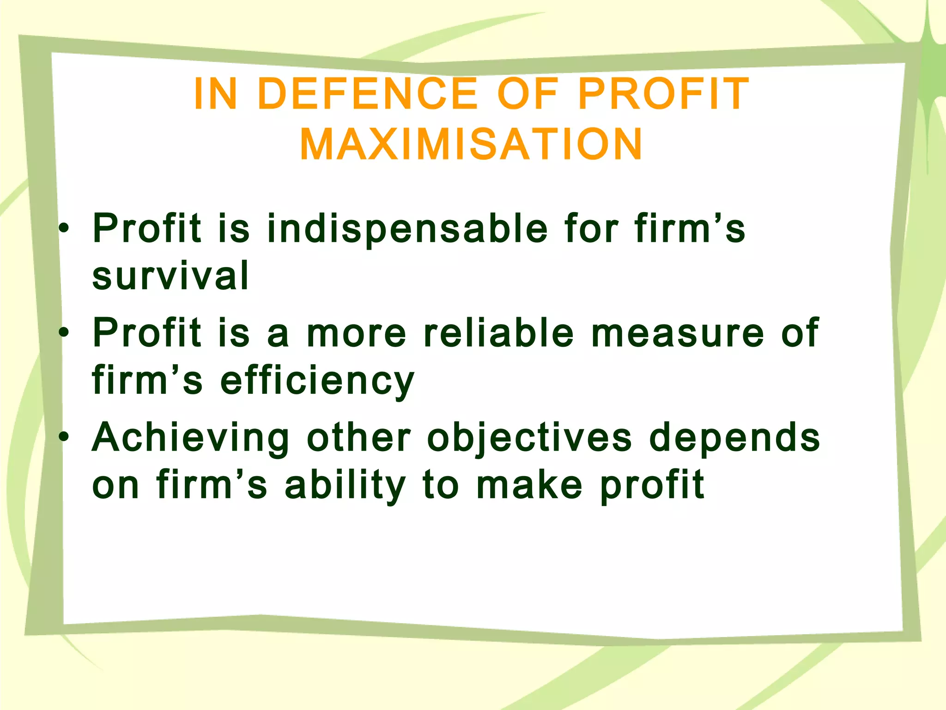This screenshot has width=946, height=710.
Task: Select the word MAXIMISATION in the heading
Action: point(471,144)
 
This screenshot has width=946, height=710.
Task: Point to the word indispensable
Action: point(407,229)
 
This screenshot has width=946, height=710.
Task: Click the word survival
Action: point(170,276)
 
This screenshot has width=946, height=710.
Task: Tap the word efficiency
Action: point(317,381)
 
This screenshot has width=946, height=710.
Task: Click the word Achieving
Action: point(191,438)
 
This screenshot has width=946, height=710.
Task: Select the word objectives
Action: point(529,438)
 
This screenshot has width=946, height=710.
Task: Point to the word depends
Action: point(734,438)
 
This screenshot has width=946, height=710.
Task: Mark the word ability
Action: point(345,486)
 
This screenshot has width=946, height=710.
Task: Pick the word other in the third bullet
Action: point(358,437)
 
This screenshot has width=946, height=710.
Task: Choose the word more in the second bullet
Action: point(356,334)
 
